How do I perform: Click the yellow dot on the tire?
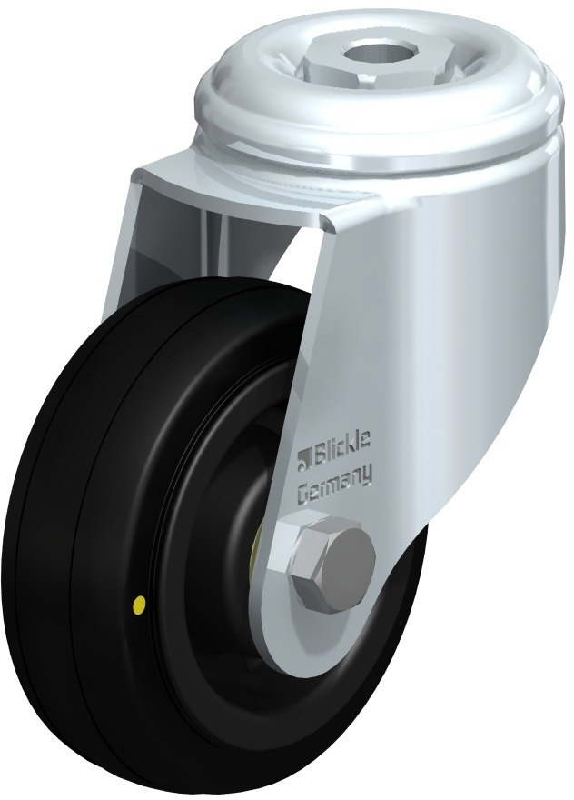click(137, 606)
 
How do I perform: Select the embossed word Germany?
click(333, 481)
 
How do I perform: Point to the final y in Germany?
click(366, 475)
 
